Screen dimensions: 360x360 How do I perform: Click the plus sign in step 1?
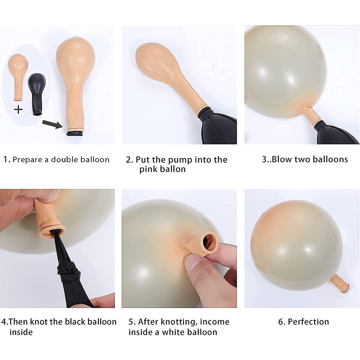point(18,109)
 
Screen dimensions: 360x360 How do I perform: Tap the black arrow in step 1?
point(53,123)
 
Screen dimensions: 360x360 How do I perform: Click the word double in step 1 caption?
point(64,160)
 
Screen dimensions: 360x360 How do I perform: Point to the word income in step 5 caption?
point(214,322)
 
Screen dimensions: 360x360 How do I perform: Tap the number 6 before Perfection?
point(281,322)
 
